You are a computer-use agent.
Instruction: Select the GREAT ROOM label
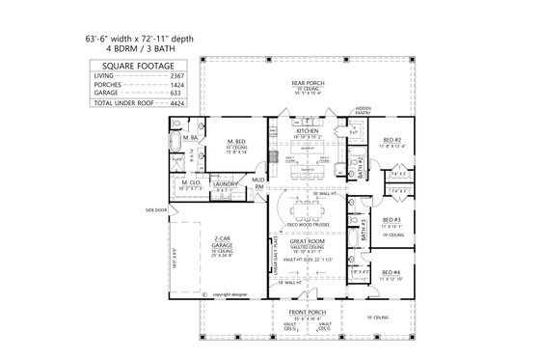click(x=307, y=242)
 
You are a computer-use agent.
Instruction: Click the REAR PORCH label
click(x=308, y=82)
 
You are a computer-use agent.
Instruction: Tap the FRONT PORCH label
click(x=308, y=312)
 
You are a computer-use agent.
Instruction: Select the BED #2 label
click(x=391, y=140)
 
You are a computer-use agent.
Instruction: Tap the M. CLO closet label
click(x=189, y=181)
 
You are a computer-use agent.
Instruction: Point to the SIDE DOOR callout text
click(x=156, y=208)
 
